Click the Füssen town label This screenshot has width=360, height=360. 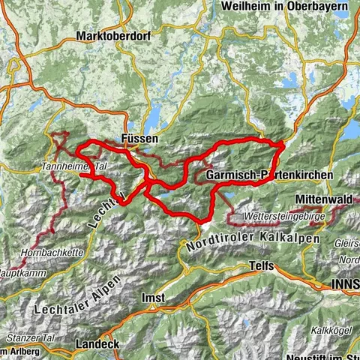pyautogui.click(x=138, y=139)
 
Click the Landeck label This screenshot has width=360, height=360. pyautogui.click(x=97, y=343)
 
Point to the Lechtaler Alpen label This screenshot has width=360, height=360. pyautogui.click(x=71, y=300)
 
